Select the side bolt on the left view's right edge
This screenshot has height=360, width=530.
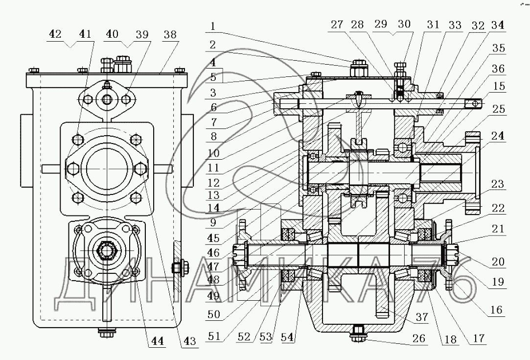(177, 267)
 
